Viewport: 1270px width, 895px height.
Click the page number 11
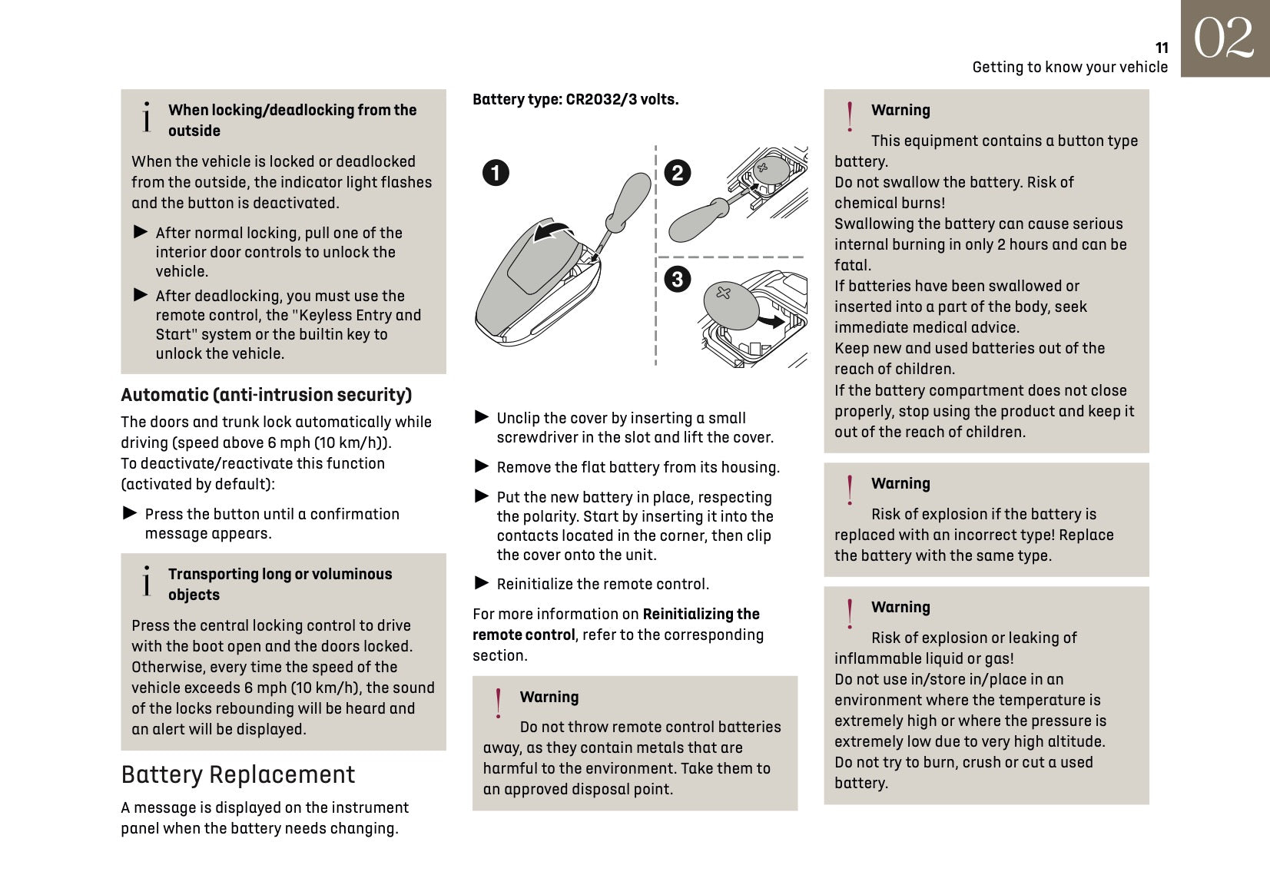(x=1162, y=48)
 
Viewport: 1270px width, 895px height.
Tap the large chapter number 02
(x=1224, y=38)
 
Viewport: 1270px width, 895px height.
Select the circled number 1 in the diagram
(x=496, y=173)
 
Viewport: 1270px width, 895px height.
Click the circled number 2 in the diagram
(x=677, y=173)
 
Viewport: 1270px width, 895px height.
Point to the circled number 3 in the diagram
(x=677, y=279)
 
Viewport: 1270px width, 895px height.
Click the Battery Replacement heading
(x=238, y=774)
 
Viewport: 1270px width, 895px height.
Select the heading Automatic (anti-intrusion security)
(x=266, y=395)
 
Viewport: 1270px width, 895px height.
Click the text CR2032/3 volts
(x=622, y=99)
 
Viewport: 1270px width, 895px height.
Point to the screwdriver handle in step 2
(x=696, y=222)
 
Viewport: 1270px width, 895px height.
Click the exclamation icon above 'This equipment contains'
(x=850, y=117)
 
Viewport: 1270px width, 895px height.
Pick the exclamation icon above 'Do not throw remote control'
(x=499, y=703)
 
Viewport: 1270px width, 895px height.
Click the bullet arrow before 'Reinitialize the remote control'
(x=482, y=583)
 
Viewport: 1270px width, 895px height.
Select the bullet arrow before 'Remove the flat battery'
(x=482, y=466)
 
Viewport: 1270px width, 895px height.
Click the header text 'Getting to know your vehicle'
(x=1069, y=67)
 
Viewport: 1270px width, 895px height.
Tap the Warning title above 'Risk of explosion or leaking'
(x=900, y=607)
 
